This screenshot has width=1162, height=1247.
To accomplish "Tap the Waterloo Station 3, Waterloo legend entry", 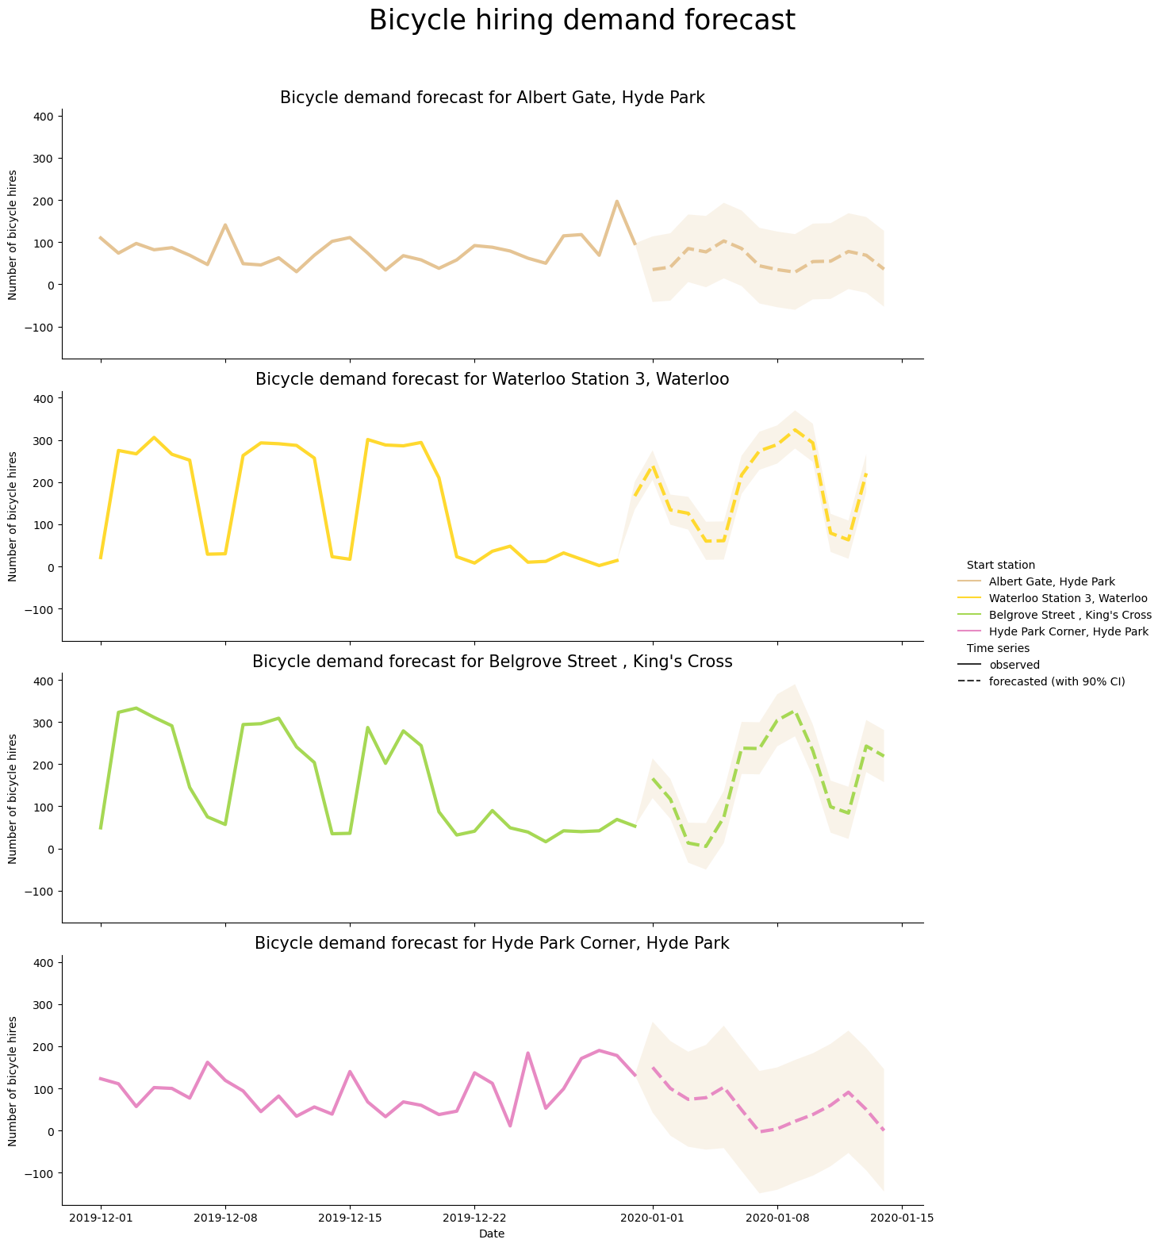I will (x=1068, y=598).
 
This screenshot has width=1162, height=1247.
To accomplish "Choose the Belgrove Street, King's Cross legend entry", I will (x=1070, y=615).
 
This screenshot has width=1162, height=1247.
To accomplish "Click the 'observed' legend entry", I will (x=1014, y=665).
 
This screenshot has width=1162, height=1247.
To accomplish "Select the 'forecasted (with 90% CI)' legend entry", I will (x=1057, y=681).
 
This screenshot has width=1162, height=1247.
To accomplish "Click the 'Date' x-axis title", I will (x=492, y=1234).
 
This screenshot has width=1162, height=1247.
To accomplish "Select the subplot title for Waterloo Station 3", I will (x=492, y=379).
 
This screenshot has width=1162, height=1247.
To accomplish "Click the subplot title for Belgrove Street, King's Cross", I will (x=492, y=662).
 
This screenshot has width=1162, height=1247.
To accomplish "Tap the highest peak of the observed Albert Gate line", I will (x=617, y=201).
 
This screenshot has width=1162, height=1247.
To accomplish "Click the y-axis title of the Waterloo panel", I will (x=13, y=516).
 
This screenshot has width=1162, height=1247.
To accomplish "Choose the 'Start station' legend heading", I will (x=1000, y=565).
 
